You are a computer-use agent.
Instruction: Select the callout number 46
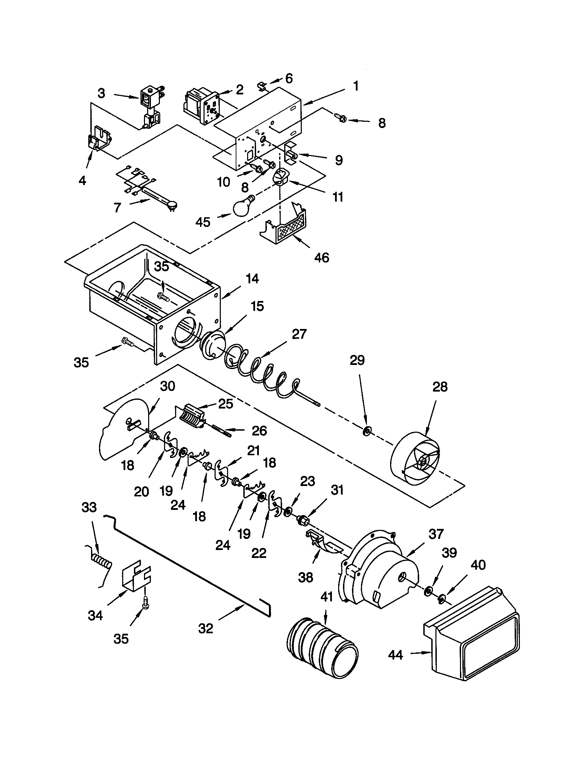coord(321,258)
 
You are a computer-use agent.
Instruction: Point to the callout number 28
coord(440,387)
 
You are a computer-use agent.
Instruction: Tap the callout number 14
coord(252,279)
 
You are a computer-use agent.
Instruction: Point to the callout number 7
coord(117,208)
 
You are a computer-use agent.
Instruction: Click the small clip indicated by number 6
coord(262,86)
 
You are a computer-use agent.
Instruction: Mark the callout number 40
coord(478,565)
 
